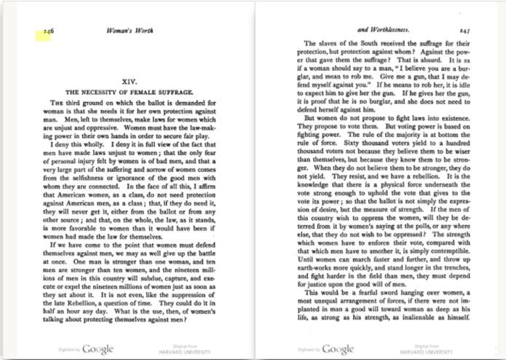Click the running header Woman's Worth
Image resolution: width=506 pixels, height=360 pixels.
(x=129, y=31)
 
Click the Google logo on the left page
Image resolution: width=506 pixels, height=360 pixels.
(x=98, y=349)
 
